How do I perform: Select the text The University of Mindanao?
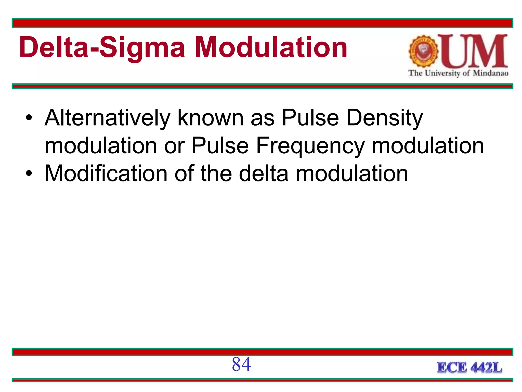(x=458, y=73)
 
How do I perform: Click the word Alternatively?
(x=107, y=118)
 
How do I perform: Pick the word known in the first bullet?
(x=211, y=118)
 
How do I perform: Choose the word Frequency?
(x=310, y=146)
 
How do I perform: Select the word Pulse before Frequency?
(x=220, y=146)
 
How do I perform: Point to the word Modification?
(x=106, y=174)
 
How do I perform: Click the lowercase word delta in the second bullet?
(x=264, y=174)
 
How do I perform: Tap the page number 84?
(x=241, y=364)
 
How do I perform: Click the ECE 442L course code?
(x=469, y=368)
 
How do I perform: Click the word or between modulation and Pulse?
(x=174, y=146)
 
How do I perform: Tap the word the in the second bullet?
(x=216, y=174)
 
